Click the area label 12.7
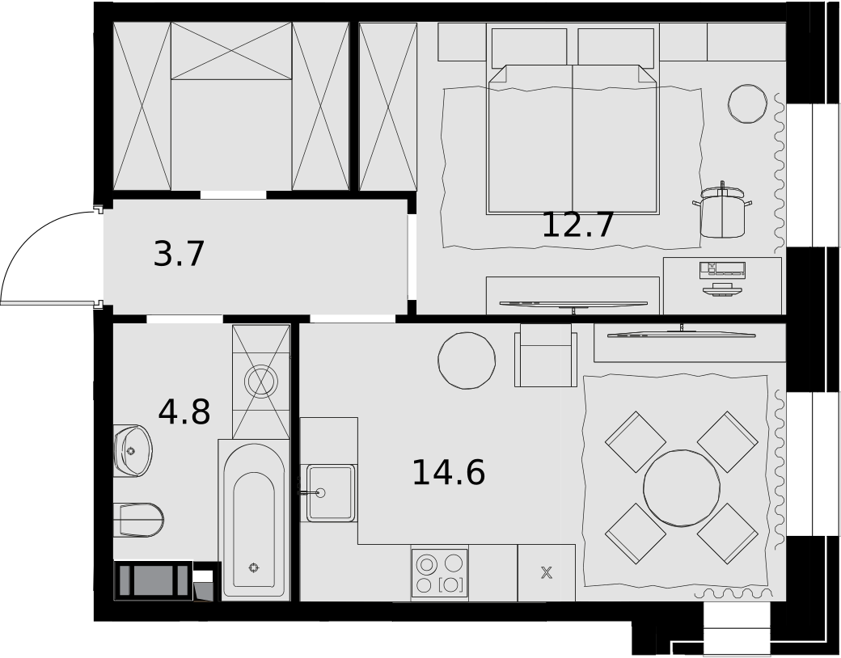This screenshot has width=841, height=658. (x=577, y=226)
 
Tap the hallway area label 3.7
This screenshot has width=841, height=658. (x=180, y=254)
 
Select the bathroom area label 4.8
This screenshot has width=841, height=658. (x=184, y=411)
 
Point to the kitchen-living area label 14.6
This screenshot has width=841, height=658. (x=448, y=472)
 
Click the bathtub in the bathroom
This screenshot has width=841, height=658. (x=254, y=520)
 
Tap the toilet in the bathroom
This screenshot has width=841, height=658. (x=138, y=520)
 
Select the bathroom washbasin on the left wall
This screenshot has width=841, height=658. (x=133, y=450)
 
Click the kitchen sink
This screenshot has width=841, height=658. (x=331, y=493)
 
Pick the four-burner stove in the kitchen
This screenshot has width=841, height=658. (x=440, y=573)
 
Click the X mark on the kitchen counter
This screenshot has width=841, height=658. (x=546, y=573)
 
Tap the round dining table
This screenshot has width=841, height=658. (x=681, y=487)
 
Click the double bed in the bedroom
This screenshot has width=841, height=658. (x=573, y=139)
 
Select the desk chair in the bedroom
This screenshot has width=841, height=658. (x=722, y=211)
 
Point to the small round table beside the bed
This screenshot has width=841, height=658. (x=748, y=103)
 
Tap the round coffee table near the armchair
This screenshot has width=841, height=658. (x=467, y=361)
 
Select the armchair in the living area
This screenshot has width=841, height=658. (x=546, y=355)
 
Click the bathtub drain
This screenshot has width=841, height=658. (x=254, y=567)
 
